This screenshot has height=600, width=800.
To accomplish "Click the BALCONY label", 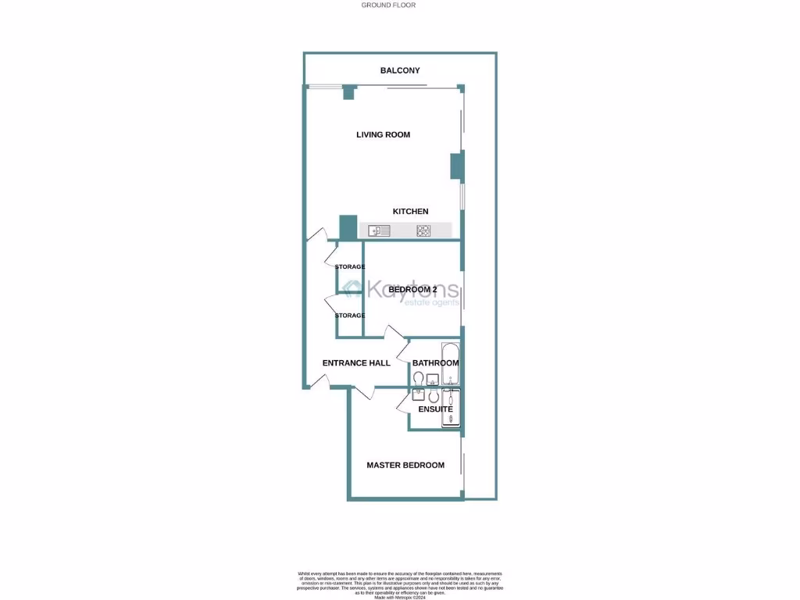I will (x=400, y=70).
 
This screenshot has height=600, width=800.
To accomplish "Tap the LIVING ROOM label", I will (x=383, y=134).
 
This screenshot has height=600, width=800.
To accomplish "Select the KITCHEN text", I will (x=410, y=212).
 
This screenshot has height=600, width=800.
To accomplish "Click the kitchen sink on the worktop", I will (x=379, y=230).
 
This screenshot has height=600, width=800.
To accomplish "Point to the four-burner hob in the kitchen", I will (x=423, y=230).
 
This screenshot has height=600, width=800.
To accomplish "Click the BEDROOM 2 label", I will (x=412, y=290).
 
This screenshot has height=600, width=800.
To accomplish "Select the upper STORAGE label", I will (x=350, y=267).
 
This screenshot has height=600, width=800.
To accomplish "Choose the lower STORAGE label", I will (x=350, y=316).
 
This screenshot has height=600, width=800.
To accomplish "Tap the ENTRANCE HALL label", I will (x=356, y=362).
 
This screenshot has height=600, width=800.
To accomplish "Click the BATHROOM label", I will (x=435, y=362).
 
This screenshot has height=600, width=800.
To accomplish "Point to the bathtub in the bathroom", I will (x=450, y=364).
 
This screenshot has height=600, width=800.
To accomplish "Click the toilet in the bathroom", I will (x=418, y=380).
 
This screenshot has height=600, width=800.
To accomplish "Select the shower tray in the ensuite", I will (x=451, y=408).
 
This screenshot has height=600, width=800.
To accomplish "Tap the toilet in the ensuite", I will (x=434, y=396).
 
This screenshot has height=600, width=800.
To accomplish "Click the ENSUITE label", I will (x=435, y=409).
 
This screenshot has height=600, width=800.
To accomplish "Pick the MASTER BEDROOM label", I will (x=405, y=465).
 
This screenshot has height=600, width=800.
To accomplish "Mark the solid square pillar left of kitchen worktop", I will (x=348, y=227).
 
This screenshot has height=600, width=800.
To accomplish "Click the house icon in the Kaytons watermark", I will (x=353, y=289).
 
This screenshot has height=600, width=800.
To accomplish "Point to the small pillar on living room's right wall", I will (x=456, y=166).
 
